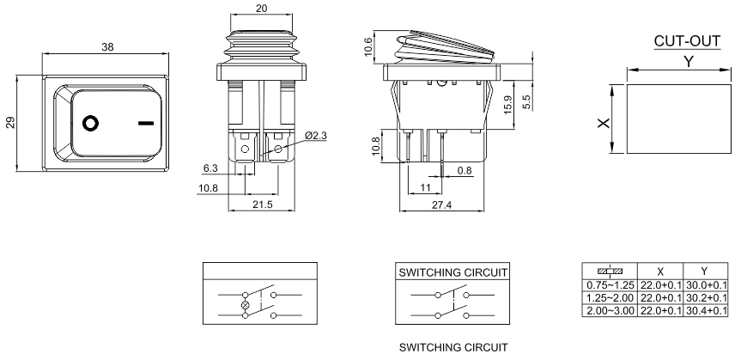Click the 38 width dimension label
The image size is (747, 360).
107,47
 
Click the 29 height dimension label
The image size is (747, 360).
10,122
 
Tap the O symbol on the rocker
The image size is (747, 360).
89,122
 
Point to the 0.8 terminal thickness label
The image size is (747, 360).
465,171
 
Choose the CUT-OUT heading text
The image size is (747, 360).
687,41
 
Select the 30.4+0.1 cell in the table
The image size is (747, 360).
707,309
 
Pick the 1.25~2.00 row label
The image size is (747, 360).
606,297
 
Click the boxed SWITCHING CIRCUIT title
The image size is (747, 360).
453,272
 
